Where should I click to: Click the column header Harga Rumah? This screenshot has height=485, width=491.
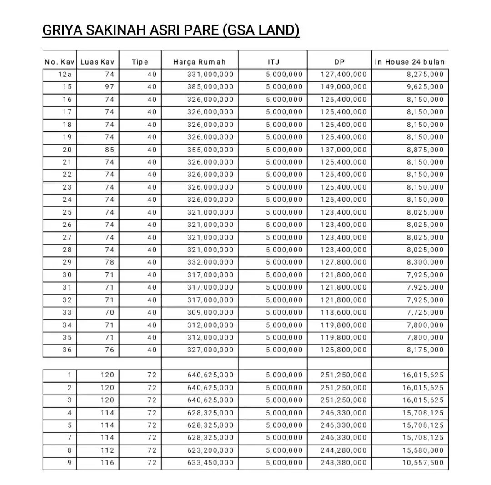tap(199, 62)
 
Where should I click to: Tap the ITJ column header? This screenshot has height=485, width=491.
tap(273, 62)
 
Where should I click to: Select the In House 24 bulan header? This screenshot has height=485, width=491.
tap(410, 62)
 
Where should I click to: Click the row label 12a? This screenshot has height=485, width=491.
tap(65, 75)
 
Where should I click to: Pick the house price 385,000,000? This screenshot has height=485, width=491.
tap(210, 87)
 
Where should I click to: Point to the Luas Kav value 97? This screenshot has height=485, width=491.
tap(110, 87)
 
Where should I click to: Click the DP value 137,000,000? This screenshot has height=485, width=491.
tap(344, 150)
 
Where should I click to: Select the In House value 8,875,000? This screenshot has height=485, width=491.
tap(425, 150)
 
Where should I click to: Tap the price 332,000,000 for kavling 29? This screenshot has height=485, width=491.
tap(210, 262)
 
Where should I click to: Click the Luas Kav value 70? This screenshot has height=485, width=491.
tap(110, 312)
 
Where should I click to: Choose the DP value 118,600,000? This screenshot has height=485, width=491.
tap(344, 312)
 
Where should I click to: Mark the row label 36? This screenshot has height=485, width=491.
tap(67, 350)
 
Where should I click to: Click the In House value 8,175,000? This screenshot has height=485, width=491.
tap(425, 350)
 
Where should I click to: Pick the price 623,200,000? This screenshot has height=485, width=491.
tap(210, 450)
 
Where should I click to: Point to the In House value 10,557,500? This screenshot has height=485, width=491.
tap(423, 463)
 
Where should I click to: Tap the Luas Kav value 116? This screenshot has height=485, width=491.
tap(108, 463)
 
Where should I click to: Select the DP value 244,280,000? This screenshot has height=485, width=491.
tap(344, 450)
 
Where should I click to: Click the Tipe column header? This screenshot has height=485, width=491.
tap(140, 62)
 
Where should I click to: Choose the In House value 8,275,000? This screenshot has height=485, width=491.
tap(425, 75)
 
